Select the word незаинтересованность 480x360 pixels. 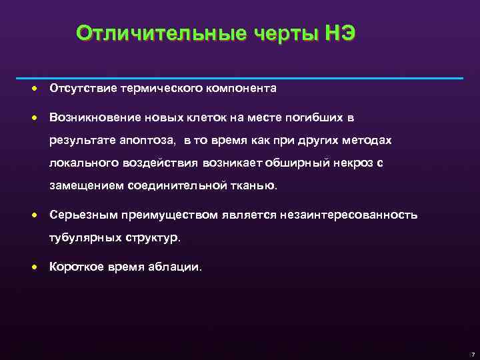click(x=352, y=215)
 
